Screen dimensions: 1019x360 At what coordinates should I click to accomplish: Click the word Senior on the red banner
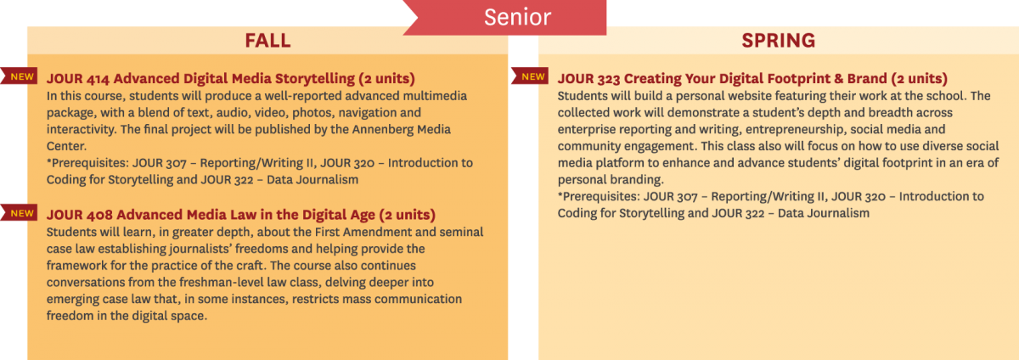[x=517, y=17]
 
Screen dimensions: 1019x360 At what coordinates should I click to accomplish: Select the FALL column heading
[x=267, y=41]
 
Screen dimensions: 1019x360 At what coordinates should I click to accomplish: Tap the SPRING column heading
[x=779, y=41]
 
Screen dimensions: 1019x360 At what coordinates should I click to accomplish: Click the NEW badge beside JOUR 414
[x=19, y=76]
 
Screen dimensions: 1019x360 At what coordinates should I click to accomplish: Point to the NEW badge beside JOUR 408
[x=19, y=212]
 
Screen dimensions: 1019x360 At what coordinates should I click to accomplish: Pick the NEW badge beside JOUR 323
[x=530, y=76]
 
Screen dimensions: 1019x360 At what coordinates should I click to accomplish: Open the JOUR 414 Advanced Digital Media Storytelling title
[x=231, y=78]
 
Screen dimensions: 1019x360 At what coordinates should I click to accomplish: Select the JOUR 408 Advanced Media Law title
[x=240, y=214]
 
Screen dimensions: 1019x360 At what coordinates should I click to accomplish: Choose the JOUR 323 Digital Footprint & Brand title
[x=752, y=78]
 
